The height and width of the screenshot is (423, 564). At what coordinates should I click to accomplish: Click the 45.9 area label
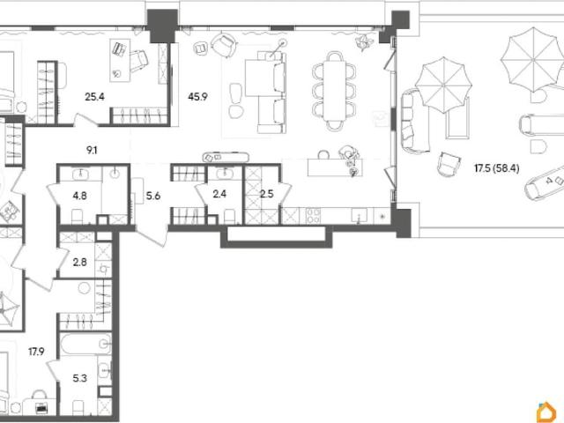click(197, 96)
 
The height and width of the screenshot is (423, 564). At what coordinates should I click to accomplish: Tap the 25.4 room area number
click(94, 96)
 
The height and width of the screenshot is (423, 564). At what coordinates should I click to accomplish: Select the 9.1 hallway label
click(92, 151)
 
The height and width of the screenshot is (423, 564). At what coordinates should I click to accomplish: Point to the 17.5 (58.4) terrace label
click(497, 168)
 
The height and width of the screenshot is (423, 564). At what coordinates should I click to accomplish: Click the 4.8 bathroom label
click(79, 196)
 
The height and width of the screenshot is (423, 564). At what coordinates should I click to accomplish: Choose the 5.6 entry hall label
click(153, 196)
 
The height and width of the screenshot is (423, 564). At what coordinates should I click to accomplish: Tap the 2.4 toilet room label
click(219, 194)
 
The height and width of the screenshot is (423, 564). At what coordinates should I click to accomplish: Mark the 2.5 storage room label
click(266, 194)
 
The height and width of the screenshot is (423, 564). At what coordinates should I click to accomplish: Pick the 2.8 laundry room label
click(79, 263)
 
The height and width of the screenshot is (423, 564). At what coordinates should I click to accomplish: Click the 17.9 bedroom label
click(36, 352)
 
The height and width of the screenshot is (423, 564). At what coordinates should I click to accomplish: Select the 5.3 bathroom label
click(79, 378)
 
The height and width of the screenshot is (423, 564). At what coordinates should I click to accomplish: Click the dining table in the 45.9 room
click(334, 91)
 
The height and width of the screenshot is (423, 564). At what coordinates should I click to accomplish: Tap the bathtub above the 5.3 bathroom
click(85, 345)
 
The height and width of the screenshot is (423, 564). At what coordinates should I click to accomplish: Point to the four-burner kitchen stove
click(313, 216)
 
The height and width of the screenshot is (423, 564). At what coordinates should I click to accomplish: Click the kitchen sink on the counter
click(359, 215)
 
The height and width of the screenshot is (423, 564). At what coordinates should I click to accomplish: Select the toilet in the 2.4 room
click(229, 217)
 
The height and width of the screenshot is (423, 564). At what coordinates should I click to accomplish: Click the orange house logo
click(546, 412)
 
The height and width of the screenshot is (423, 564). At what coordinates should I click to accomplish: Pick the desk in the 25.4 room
click(120, 60)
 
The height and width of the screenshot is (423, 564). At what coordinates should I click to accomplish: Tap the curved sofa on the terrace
click(413, 122)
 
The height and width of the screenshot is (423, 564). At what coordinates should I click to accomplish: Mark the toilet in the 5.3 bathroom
click(78, 407)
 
